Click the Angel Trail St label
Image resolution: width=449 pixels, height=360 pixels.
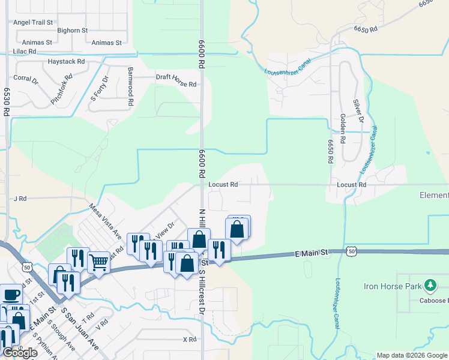(x=33, y=22)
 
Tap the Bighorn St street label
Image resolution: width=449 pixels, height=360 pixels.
(x=72, y=30)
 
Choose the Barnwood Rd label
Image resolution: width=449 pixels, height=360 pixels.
(x=130, y=87)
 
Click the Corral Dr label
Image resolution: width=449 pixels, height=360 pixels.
(x=25, y=78)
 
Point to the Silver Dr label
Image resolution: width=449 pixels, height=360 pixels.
(x=358, y=112)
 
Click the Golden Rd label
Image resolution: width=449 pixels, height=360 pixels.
(x=343, y=128)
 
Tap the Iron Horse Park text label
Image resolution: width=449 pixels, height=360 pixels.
(x=397, y=286)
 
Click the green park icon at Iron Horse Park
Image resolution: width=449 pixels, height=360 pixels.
(x=429, y=284)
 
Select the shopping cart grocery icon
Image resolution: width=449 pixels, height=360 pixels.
(x=98, y=262)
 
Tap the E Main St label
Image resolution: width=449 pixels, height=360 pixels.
(x=312, y=253)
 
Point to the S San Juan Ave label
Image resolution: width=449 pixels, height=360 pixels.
(x=79, y=329)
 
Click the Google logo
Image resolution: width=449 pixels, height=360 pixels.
(x=20, y=353)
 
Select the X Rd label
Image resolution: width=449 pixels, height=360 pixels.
(x=189, y=340)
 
